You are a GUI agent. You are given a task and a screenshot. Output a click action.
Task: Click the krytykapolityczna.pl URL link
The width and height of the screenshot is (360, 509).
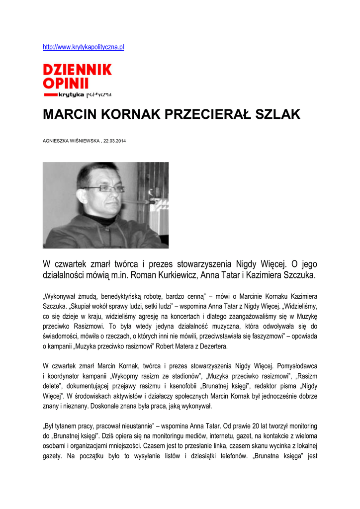coord(84,47)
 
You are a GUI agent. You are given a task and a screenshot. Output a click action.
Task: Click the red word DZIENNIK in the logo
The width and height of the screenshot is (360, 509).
coord(77,70)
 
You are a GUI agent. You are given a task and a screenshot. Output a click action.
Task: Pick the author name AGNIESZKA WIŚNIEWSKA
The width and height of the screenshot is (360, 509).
coord(72,141)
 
